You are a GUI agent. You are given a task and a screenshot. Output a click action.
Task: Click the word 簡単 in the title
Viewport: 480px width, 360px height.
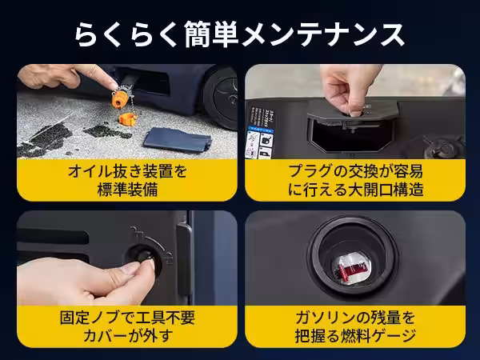click(x=211, y=34)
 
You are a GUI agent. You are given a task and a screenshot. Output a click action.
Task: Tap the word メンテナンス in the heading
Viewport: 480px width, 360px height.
click(x=322, y=34)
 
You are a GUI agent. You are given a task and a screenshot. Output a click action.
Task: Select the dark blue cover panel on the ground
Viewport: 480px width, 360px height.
click(x=178, y=139)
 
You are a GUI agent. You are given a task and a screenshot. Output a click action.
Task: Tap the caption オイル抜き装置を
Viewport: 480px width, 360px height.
click(x=127, y=171)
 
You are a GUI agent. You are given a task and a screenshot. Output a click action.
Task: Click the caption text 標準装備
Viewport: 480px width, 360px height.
click(x=127, y=190)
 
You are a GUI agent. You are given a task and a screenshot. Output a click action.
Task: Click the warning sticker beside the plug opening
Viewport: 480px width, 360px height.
click(x=261, y=132)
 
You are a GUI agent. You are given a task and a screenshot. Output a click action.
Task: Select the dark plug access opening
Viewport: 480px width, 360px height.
click(x=351, y=136)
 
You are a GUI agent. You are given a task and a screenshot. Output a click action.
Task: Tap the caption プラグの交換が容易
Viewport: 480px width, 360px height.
click(x=356, y=171)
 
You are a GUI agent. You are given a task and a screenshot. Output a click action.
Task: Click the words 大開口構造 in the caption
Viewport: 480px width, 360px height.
click(x=386, y=190)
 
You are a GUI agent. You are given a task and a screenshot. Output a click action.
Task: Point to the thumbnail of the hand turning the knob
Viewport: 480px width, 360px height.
click(x=127, y=258)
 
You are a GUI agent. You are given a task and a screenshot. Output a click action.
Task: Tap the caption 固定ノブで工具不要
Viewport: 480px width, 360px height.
click(x=127, y=318)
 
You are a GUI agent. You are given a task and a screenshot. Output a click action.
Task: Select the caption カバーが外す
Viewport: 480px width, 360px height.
click(x=127, y=336)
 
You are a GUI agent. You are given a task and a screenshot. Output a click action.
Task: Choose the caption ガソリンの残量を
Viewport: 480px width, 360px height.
click(x=355, y=318)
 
